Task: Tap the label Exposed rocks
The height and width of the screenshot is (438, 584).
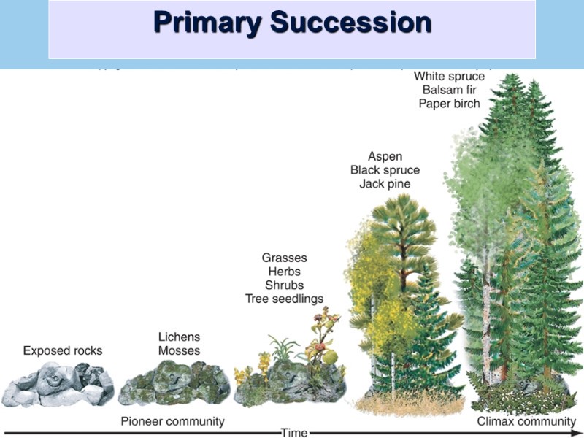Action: (x=63, y=350)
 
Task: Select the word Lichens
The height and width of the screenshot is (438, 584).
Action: (x=179, y=337)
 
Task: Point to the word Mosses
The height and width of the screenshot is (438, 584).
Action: (x=179, y=350)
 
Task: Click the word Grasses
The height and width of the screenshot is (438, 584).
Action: (x=284, y=258)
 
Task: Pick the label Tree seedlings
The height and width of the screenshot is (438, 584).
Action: (x=284, y=299)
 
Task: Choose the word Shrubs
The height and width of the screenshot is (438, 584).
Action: (x=284, y=285)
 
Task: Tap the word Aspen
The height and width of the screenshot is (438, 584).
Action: (x=385, y=156)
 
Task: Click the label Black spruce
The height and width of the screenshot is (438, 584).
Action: (x=385, y=170)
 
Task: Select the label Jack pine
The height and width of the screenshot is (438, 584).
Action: (x=385, y=184)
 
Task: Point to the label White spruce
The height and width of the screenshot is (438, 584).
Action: (x=448, y=76)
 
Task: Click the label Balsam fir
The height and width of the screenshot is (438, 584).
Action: (x=448, y=90)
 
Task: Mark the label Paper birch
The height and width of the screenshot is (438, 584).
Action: (x=449, y=104)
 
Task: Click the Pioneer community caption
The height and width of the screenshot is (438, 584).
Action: (x=172, y=421)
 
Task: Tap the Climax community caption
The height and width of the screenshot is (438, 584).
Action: (x=526, y=421)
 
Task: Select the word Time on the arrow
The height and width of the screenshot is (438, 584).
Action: (x=294, y=433)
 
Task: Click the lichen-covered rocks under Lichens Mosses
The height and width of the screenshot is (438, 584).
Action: (x=174, y=385)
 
